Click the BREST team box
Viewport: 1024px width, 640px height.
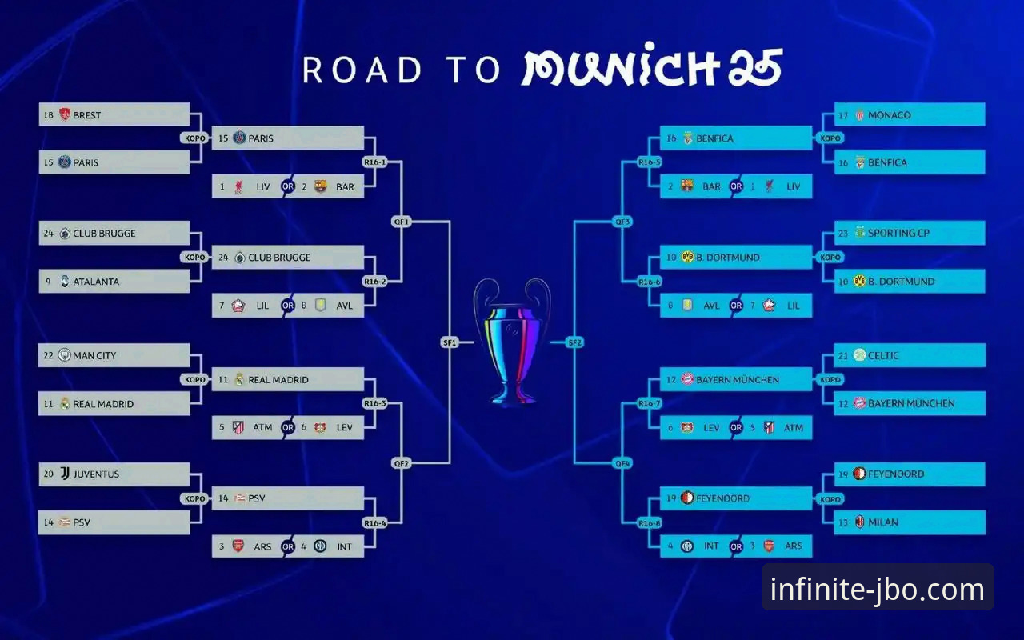tap(114, 114)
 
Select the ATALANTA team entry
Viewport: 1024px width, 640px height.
tap(114, 281)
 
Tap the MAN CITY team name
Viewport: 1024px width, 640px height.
tap(94, 355)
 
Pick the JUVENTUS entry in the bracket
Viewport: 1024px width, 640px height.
tap(114, 474)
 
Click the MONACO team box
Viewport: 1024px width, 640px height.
tap(910, 114)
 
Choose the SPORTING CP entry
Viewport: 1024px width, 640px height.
tap(910, 233)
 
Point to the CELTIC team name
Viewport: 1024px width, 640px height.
tap(883, 355)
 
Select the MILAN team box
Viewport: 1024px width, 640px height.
tap(910, 522)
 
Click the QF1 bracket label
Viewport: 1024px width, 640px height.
tap(402, 222)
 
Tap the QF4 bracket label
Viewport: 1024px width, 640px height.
tap(622, 463)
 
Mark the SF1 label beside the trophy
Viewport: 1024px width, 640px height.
tap(450, 342)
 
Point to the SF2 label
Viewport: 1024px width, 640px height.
tap(574, 342)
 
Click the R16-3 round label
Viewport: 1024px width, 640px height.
tap(375, 403)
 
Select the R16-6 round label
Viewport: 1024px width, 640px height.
tap(650, 282)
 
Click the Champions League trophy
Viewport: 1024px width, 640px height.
tap(512, 342)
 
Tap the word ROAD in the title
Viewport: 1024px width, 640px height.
tap(362, 70)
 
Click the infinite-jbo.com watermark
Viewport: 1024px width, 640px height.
tap(878, 589)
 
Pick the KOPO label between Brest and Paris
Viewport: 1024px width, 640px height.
tap(194, 138)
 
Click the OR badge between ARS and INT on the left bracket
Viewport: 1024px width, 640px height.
tap(288, 546)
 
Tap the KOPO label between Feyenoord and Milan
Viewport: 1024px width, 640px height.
tap(830, 499)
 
